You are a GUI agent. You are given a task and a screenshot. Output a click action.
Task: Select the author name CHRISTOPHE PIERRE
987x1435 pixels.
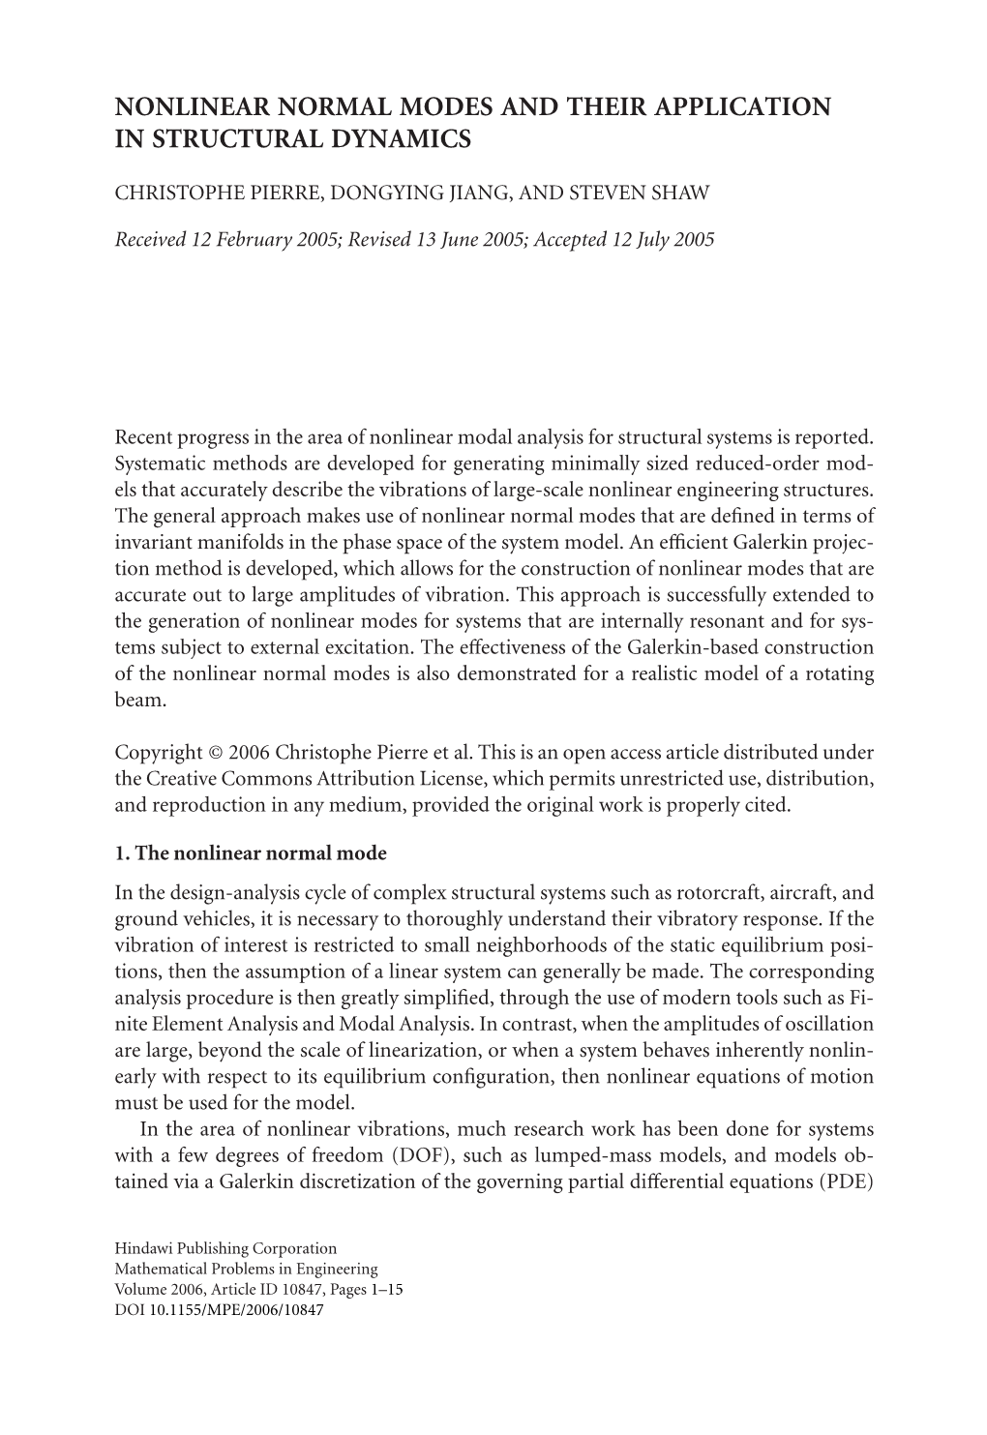pos(218,193)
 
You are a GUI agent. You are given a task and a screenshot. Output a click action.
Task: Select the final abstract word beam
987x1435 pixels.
pos(140,700)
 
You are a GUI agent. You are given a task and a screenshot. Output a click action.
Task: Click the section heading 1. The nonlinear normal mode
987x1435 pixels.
pos(251,852)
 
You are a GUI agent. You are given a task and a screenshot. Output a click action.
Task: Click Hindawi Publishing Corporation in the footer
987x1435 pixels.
pos(225,1248)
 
